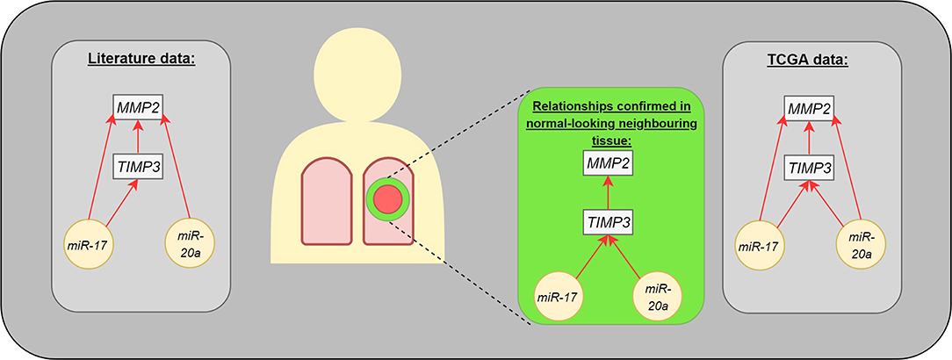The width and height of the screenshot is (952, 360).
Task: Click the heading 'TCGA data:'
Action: (x=808, y=61)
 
